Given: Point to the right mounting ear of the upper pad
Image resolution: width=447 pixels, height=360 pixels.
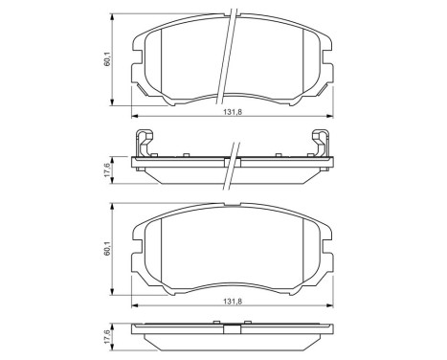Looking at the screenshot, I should [x=327, y=92].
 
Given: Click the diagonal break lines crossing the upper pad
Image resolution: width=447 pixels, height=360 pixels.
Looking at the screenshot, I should [x=231, y=48].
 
